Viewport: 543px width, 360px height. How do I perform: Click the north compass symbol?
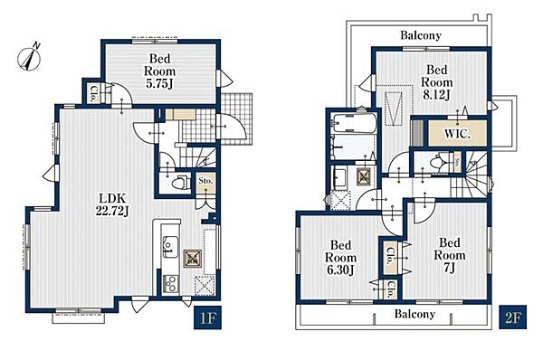click(x=30, y=57)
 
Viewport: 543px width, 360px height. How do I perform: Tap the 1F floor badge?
click(x=207, y=317)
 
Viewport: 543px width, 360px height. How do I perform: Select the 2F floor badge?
click(x=512, y=317)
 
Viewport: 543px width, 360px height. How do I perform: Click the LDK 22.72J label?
click(x=112, y=204)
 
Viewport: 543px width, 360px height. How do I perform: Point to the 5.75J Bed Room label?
click(x=159, y=71)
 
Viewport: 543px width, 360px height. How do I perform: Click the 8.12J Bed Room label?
click(x=437, y=82)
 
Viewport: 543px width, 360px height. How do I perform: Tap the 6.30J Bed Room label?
click(x=341, y=258)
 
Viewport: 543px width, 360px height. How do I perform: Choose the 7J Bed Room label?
click(x=450, y=255)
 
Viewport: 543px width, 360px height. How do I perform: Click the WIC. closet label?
click(x=457, y=134)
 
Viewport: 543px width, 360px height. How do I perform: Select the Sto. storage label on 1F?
click(x=205, y=181)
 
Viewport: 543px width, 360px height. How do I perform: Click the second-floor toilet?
click(x=438, y=162)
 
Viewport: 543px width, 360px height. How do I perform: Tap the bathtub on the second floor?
click(x=353, y=124)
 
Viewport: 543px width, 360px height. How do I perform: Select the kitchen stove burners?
click(x=170, y=284)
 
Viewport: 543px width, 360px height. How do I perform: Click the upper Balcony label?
click(x=421, y=35)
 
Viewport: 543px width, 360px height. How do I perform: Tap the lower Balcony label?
click(x=414, y=314)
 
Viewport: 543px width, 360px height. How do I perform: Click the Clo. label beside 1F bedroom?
click(x=93, y=93)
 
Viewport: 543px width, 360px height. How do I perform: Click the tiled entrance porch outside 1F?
click(x=236, y=118)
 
